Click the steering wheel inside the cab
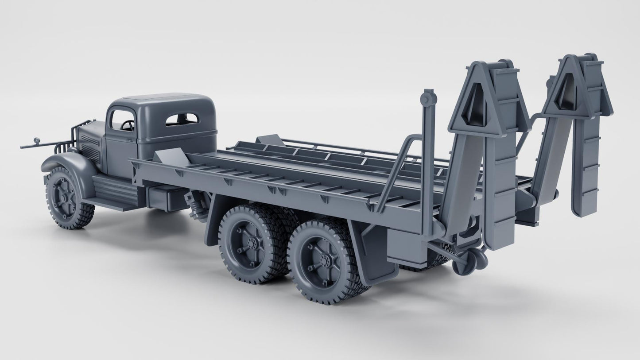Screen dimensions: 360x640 coord(128,126)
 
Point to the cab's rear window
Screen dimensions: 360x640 coord(182,119)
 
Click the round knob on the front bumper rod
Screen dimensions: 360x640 coord(37,141)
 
